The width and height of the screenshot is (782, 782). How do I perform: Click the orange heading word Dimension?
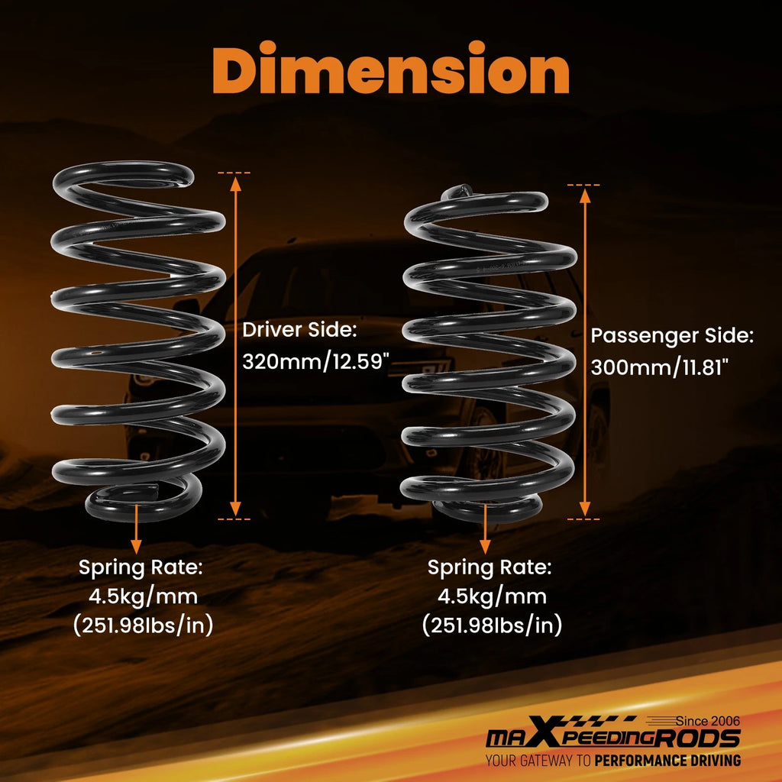pyautogui.click(x=390, y=68)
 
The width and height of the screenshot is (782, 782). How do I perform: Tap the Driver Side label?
pyautogui.click(x=299, y=330)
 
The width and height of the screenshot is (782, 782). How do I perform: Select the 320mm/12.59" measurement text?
pyautogui.click(x=315, y=361)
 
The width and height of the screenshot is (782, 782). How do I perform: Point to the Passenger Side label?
pyautogui.click(x=672, y=336)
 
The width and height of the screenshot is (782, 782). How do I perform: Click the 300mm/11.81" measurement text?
pyautogui.click(x=660, y=367)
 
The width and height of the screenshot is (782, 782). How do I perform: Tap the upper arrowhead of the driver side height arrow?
pyautogui.click(x=235, y=184)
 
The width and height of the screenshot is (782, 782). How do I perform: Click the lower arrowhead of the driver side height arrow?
pyautogui.click(x=235, y=509)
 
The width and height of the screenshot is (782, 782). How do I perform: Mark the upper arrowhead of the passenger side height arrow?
pyautogui.click(x=585, y=196)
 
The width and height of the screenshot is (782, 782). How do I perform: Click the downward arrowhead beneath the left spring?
pyautogui.click(x=136, y=547)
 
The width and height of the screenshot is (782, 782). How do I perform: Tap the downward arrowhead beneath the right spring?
pyautogui.click(x=485, y=547)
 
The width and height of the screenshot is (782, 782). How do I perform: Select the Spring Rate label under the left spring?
pyautogui.click(x=141, y=567)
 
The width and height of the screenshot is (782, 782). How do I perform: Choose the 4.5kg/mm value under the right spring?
pyautogui.click(x=492, y=596)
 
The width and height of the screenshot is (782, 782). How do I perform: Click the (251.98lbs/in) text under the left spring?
pyautogui.click(x=143, y=625)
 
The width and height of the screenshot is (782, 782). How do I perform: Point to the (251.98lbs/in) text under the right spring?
pyautogui.click(x=492, y=625)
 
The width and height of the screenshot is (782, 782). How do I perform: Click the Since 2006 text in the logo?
pyautogui.click(x=708, y=721)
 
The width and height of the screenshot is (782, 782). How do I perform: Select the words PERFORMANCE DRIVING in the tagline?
pyautogui.click(x=667, y=761)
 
